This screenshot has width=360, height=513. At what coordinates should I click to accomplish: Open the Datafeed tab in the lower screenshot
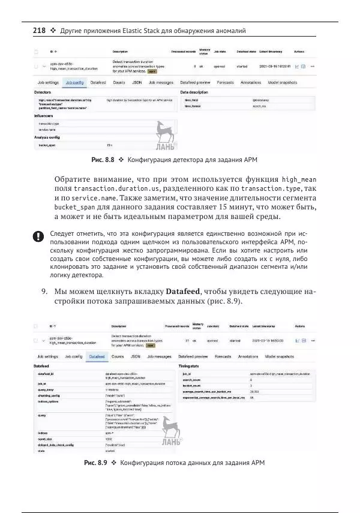coord(96,356)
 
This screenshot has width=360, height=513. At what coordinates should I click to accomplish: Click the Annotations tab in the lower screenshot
coord(248,356)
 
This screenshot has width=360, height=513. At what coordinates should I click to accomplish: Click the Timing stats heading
coord(190,365)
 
